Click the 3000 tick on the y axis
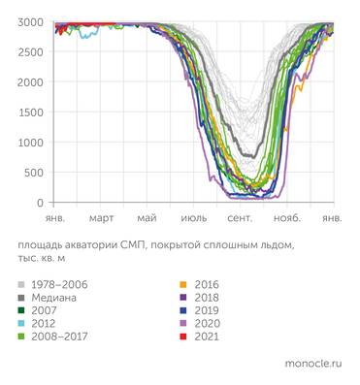coord(29,22)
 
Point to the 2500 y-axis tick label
coord(29,52)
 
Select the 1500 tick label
coord(29,112)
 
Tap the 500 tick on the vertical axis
coord(33,173)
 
